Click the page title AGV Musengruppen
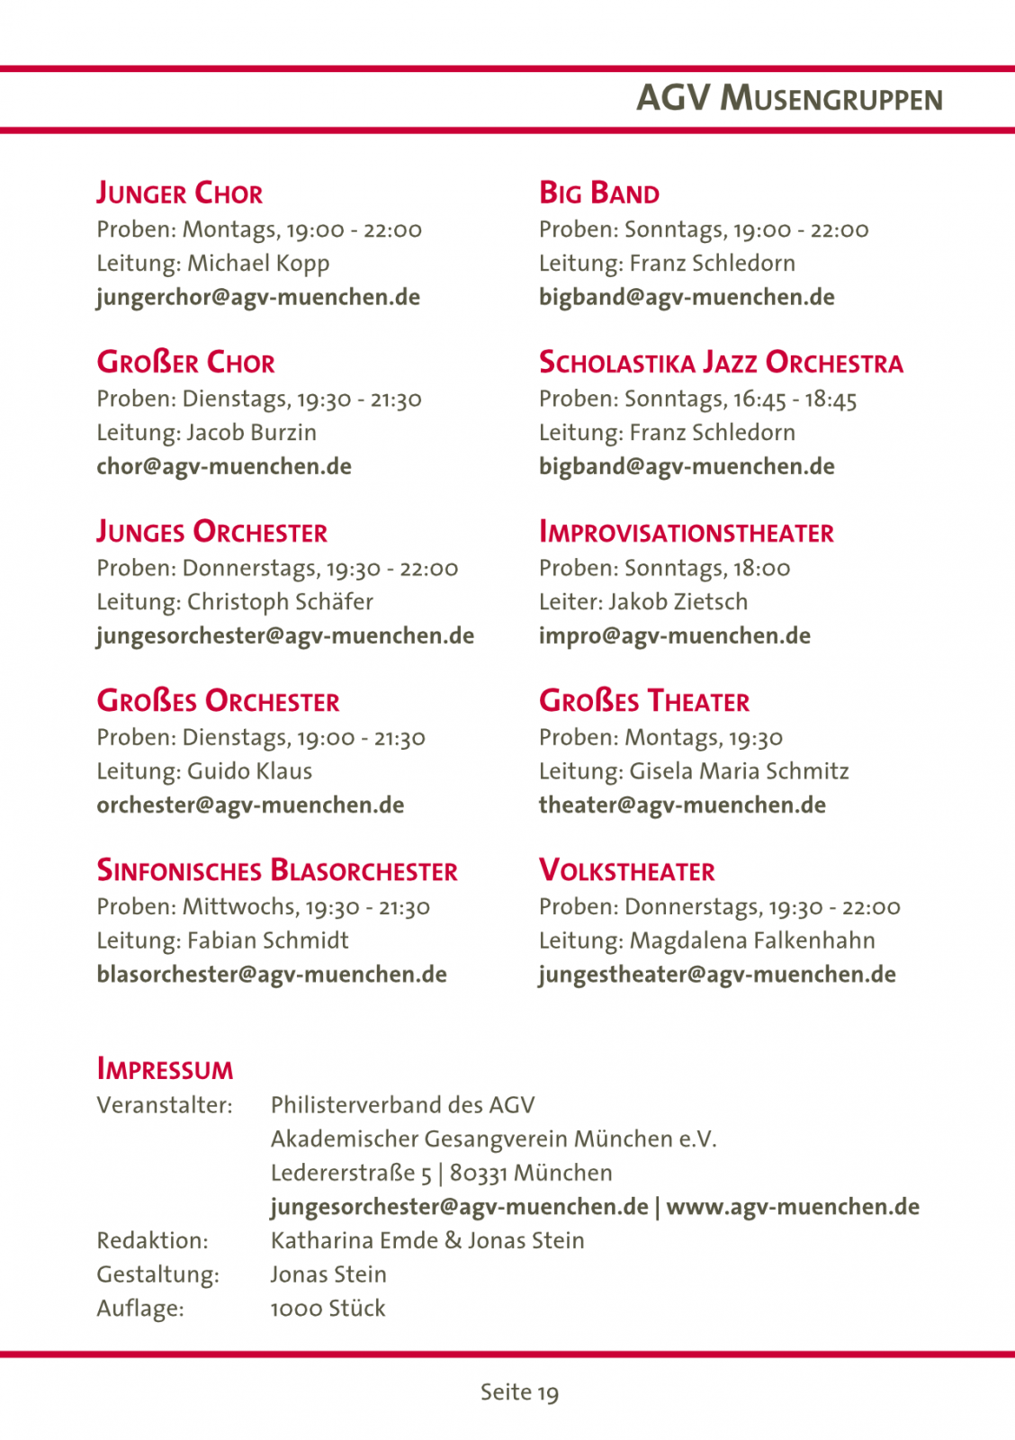click(789, 98)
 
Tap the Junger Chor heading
click(180, 193)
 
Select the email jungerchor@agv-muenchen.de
click(258, 297)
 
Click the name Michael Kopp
click(258, 264)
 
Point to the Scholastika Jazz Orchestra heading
click(721, 363)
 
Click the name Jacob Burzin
click(251, 433)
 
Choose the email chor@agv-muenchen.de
click(224, 466)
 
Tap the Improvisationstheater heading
click(686, 533)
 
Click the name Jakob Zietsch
click(678, 602)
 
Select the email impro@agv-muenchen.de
click(674, 635)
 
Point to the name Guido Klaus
click(249, 771)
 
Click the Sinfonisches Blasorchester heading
click(277, 871)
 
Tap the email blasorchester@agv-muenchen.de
click(272, 974)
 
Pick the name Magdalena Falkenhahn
click(752, 940)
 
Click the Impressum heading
click(165, 1069)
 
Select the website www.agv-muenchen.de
click(793, 1207)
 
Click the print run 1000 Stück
click(328, 1309)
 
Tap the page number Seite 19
click(519, 1392)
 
